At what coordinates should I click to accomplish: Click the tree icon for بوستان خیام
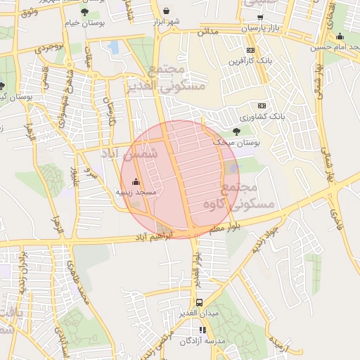point(84,12)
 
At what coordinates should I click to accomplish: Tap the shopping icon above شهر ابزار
point(167,11)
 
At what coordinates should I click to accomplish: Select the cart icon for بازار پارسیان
point(260,17)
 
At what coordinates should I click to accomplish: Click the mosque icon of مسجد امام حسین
point(340,37)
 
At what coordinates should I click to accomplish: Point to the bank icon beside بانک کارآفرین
point(250,50)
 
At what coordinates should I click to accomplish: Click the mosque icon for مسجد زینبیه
point(136,181)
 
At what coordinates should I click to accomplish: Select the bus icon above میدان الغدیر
point(200,302)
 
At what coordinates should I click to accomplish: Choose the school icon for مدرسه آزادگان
point(202,330)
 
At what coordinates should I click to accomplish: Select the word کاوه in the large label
point(217,204)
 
